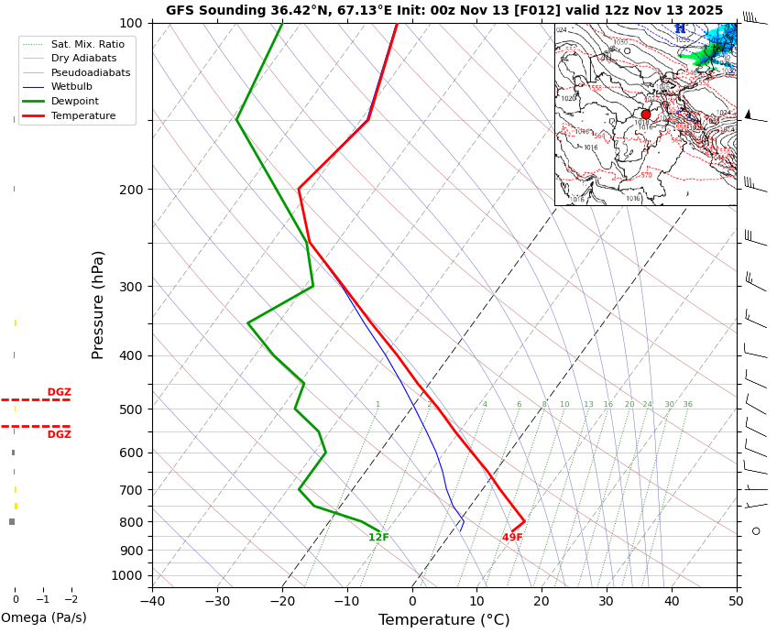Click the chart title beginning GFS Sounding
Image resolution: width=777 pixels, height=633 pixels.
tap(443, 10)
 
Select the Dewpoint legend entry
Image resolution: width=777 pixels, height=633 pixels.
tap(75, 102)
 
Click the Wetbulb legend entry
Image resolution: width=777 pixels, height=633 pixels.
tap(71, 87)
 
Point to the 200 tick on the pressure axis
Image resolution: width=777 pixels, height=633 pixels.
tap(129, 190)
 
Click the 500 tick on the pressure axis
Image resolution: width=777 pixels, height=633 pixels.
tap(129, 409)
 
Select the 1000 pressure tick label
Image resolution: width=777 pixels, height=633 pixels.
tap(126, 575)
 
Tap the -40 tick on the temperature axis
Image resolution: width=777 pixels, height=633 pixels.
tap(152, 602)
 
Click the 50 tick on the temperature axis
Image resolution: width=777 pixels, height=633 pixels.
tap(736, 602)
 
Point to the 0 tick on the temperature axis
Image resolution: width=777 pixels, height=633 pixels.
tap(412, 602)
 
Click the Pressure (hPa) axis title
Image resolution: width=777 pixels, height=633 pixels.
tap(98, 304)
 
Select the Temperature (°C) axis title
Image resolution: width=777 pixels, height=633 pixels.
tap(443, 620)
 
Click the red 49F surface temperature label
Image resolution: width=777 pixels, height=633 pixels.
tap(512, 538)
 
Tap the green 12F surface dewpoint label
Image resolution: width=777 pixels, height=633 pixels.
tap(378, 538)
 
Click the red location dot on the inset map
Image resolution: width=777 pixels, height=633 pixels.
tap(645, 115)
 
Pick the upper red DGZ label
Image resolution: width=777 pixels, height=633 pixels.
tap(59, 392)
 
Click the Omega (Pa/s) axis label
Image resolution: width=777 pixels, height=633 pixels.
tap(43, 618)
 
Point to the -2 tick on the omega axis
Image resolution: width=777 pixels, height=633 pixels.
tap(71, 600)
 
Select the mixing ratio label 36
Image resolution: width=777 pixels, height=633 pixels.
tap(687, 404)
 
